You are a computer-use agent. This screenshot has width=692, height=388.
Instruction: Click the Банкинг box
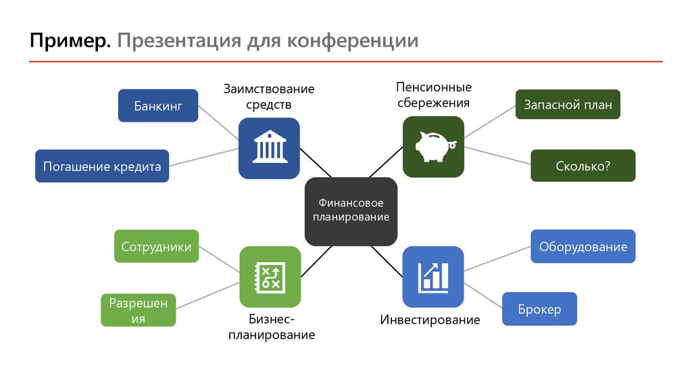[x=158, y=105]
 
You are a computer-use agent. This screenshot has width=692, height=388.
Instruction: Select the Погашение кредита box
[x=102, y=166]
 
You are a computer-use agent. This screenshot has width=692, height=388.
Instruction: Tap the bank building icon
[x=269, y=148]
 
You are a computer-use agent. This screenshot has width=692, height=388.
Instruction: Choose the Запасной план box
[x=568, y=105]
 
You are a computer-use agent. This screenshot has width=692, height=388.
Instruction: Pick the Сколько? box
[x=583, y=166]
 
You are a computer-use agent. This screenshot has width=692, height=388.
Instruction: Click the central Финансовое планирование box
[x=351, y=211]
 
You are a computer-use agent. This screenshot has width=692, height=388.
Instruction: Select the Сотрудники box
[x=156, y=247]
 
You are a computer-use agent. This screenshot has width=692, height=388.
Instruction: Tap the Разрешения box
[x=138, y=310]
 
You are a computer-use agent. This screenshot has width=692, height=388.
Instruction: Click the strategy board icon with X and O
[x=270, y=276]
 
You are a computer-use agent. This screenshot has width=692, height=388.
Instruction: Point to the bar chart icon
[x=433, y=276]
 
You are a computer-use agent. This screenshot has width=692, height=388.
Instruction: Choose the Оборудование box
[x=583, y=247]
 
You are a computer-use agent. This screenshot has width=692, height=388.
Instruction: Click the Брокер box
[x=539, y=309]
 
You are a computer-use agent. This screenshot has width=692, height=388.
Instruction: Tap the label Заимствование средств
[x=269, y=97]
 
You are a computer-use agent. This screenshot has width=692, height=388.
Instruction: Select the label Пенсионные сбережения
[x=433, y=95]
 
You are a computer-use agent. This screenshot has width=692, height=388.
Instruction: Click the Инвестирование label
[x=430, y=320]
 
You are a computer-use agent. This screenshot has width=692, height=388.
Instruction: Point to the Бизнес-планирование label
[x=271, y=326]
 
